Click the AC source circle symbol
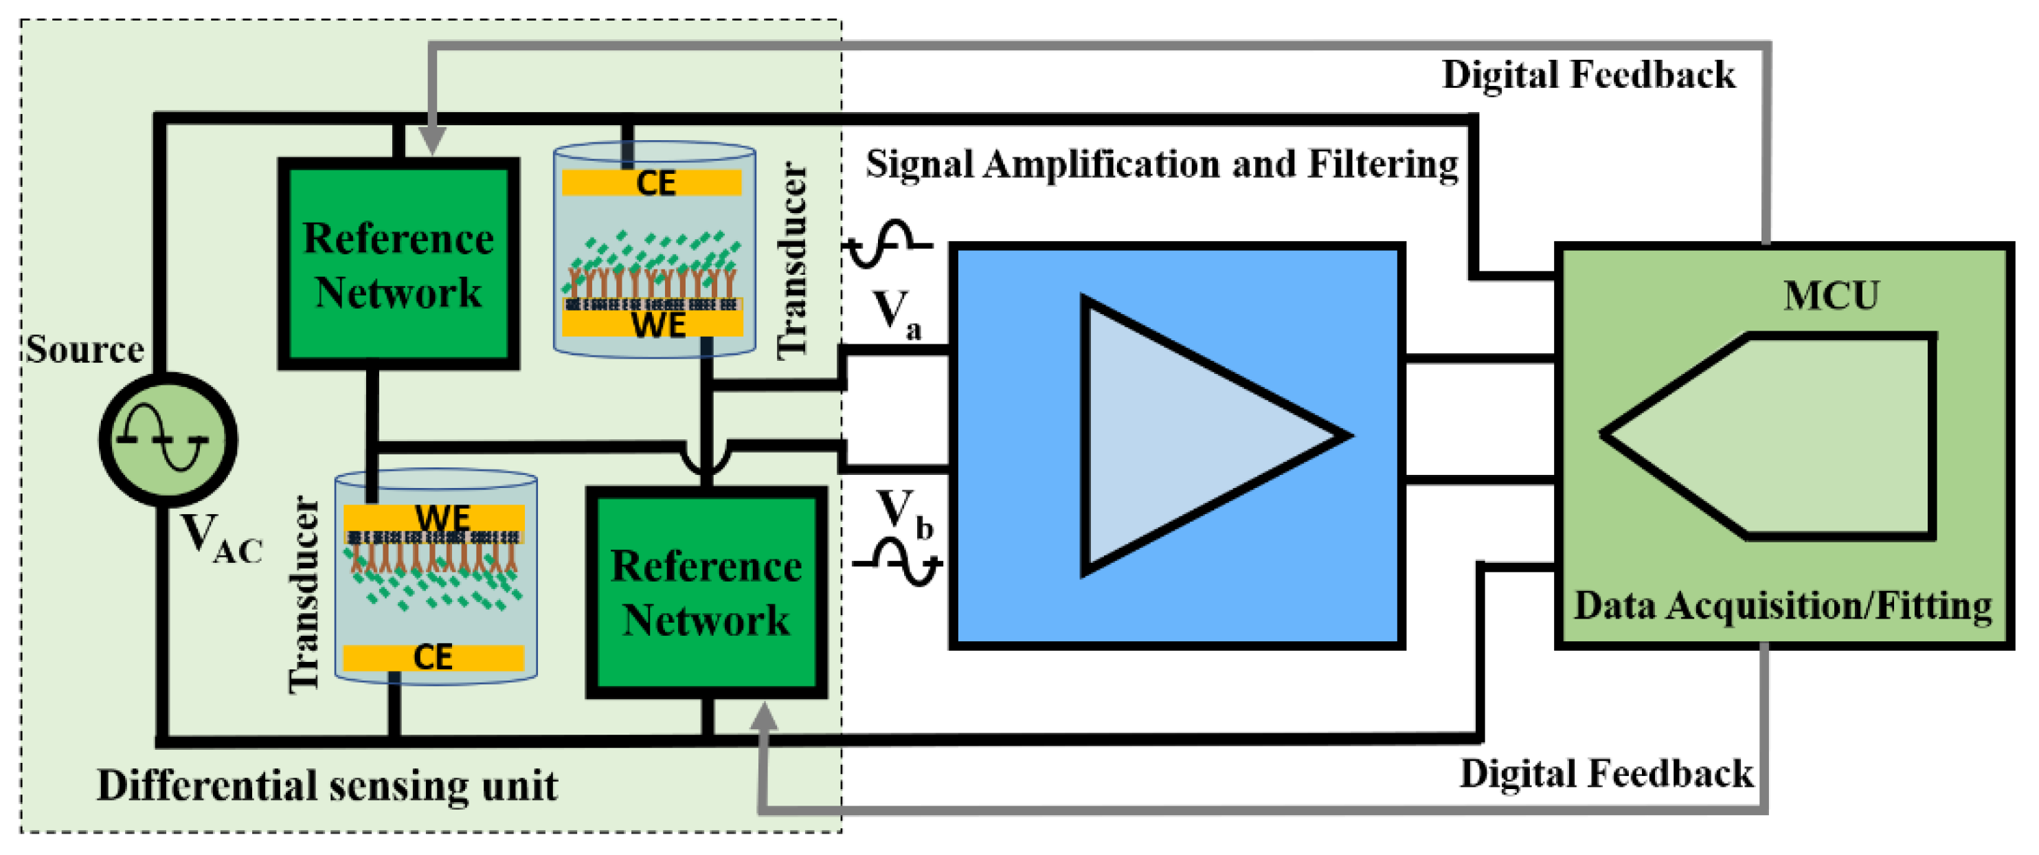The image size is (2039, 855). pos(168,439)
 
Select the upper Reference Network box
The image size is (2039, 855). pos(398,264)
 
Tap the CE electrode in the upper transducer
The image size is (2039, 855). pos(652,183)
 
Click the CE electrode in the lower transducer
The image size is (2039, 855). pos(433,657)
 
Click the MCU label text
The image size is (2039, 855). pos(1830,296)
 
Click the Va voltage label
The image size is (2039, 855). pos(896,313)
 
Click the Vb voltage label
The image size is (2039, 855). pos(904,513)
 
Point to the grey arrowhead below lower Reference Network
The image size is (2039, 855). pos(763,718)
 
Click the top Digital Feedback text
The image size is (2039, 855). pos(1588,75)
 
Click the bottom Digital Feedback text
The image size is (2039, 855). pos(1606,773)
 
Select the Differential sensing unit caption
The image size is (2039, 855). pos(327,786)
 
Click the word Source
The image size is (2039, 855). pos(85,349)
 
